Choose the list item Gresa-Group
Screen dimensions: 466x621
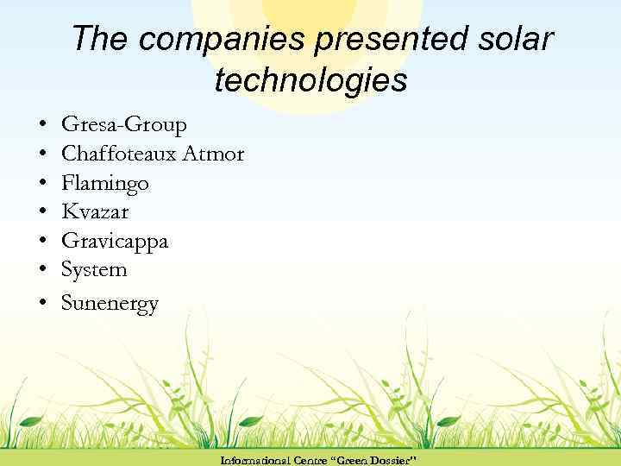pyautogui.click(x=123, y=126)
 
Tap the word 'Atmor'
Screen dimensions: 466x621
pyautogui.click(x=220, y=154)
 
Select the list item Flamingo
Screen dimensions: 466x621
pyautogui.click(x=104, y=183)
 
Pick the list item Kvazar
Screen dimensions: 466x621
pyautogui.click(x=95, y=212)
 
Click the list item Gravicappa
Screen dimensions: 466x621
pyautogui.click(x=115, y=242)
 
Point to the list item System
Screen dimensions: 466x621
pyautogui.click(x=94, y=270)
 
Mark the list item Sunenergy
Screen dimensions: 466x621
pyautogui.click(x=110, y=303)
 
